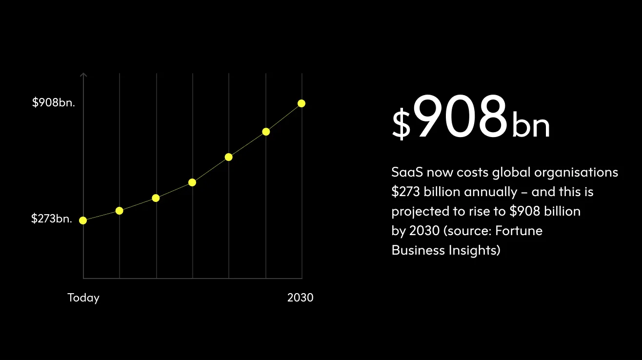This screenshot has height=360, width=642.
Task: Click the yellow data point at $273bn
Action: pos(83,220)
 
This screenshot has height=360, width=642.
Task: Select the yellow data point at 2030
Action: pos(301,103)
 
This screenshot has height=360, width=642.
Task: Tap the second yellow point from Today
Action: pos(120,211)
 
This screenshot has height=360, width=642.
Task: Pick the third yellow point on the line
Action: pos(156,198)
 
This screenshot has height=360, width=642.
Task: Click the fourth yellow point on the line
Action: pos(192,182)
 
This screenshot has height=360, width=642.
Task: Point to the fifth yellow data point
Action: pos(229,157)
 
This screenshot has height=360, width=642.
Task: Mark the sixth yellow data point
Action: pos(266,132)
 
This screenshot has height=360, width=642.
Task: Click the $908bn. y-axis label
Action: pos(54,102)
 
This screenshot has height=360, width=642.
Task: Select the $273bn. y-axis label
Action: pos(52,219)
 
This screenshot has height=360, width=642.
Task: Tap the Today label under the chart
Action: pos(83,298)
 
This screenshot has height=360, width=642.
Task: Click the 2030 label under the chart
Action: pos(300,298)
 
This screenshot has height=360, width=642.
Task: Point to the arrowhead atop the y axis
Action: pos(83,75)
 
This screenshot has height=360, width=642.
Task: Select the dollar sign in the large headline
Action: pos(401,125)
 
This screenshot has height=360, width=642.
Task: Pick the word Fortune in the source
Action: pos(519,230)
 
